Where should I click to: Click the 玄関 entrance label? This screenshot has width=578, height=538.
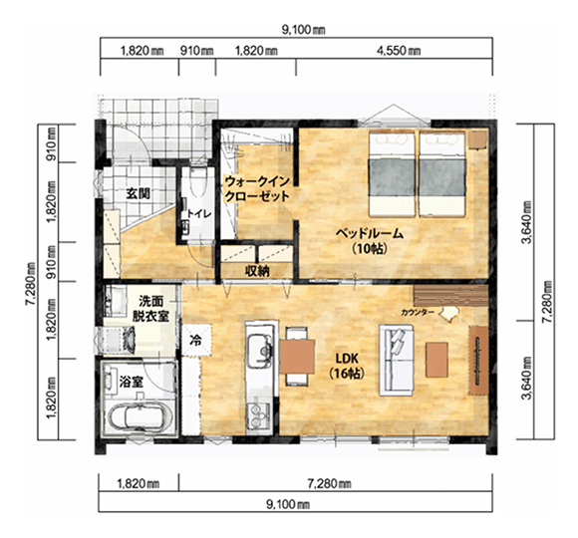139,193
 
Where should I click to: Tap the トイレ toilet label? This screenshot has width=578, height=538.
199,213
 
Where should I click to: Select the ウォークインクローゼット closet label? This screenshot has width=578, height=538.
257,188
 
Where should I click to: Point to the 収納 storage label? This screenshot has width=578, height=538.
258,271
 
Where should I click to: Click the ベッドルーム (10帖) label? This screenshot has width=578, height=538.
369,241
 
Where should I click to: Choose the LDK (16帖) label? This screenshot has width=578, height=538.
347,366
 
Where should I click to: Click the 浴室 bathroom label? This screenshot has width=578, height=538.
132,383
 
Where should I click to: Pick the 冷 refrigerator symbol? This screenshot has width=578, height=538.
195,340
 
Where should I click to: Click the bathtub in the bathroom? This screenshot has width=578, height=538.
139,417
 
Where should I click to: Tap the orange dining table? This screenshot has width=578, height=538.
297,357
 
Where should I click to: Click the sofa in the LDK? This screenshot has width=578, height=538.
397,360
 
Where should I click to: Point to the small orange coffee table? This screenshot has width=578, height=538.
436,360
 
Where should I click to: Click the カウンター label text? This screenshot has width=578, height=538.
418,313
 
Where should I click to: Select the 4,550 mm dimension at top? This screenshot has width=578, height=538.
399,50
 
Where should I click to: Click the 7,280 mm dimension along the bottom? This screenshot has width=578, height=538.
329,483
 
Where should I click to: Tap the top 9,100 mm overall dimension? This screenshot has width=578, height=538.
304,30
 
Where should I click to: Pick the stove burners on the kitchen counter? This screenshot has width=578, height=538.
259,414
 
